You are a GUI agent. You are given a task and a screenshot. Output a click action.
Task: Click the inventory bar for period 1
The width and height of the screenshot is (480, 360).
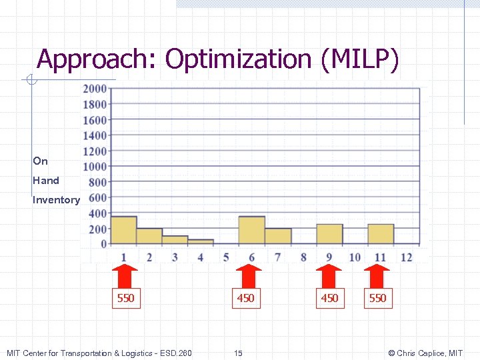coord(123,230)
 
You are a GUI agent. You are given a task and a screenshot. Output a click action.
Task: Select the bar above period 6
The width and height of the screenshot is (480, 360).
coord(252,230)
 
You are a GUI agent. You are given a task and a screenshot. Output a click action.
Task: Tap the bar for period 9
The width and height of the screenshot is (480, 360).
coord(329,234)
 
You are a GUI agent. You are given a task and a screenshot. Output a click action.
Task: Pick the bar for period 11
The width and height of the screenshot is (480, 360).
coord(381,234)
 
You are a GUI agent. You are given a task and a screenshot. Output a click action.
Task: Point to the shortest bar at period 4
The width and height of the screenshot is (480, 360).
coord(201,242)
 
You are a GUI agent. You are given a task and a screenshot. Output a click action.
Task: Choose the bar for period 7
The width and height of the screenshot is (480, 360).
coord(278,236)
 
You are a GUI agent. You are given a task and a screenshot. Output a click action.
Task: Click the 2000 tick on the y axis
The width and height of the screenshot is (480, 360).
coord(95,89)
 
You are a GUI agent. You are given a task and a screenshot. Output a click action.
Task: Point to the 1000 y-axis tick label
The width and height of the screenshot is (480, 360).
coord(95,167)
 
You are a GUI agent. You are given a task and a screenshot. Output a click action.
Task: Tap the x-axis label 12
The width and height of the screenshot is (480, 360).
coord(406,257)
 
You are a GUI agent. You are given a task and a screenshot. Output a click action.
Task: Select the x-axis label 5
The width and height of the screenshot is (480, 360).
coord(226,257)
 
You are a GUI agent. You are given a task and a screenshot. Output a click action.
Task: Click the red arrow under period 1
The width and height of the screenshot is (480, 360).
coord(124,274)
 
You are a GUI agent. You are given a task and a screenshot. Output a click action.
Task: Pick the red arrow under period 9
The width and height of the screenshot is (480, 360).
coord(329,274)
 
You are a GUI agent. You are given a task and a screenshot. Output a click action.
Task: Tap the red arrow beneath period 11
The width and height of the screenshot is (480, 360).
coord(377,274)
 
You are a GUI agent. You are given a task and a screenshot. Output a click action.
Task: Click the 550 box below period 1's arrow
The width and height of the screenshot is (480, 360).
coord(125,298)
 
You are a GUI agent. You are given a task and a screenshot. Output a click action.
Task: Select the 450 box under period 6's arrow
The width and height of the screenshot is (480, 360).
coord(245,298)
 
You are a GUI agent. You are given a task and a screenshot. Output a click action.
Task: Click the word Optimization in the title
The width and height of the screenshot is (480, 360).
coord(239,59)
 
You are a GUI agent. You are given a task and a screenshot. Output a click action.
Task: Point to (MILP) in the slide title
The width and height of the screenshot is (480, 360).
coord(360,59)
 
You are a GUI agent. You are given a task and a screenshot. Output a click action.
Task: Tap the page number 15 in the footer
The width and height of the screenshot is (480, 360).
coord(238,353)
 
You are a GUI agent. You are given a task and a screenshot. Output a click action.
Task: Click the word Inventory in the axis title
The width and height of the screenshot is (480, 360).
coord(56,200)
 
